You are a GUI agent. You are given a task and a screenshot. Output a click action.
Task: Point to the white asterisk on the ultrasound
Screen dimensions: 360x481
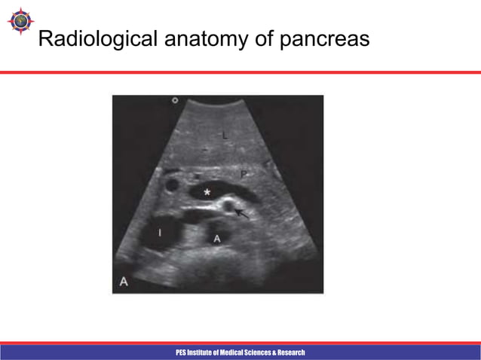click(207, 194)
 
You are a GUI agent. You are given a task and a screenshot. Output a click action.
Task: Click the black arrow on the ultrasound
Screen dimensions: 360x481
click(243, 214)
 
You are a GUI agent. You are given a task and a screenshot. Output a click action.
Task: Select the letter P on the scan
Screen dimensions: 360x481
click(244, 175)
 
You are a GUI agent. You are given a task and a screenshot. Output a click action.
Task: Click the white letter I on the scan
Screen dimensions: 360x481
click(159, 234)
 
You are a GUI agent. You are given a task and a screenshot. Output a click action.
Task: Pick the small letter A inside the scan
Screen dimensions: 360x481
click(216, 239)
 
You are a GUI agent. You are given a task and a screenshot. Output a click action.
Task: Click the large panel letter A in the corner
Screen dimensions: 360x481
click(122, 282)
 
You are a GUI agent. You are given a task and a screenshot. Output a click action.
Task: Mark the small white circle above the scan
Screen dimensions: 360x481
click(175, 99)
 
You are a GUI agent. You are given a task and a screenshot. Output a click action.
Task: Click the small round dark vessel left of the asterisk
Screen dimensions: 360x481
click(173, 185)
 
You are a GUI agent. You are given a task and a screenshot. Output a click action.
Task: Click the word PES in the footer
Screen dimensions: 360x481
click(182, 352)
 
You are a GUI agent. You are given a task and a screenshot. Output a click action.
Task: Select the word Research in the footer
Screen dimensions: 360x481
click(291, 352)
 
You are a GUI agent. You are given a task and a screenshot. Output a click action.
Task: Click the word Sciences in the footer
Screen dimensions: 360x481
click(261, 352)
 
